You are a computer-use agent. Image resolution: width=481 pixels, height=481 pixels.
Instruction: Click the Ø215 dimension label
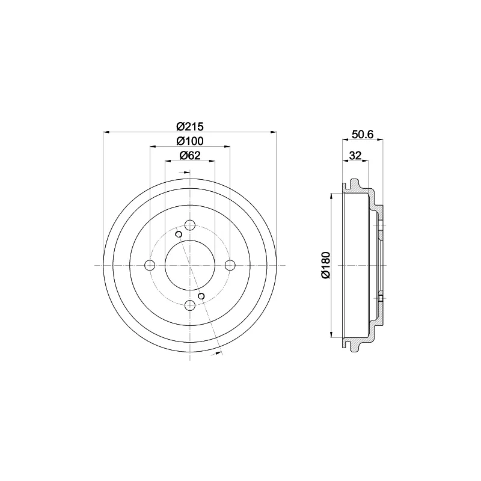[x=190, y=126]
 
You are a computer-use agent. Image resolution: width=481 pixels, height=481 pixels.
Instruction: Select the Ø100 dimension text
[x=190, y=141]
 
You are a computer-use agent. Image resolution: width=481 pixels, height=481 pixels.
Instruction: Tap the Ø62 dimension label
[x=190, y=156]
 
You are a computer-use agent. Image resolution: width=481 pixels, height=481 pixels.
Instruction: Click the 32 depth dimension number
[x=355, y=156]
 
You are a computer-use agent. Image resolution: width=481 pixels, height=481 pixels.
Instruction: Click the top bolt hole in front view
[x=190, y=225]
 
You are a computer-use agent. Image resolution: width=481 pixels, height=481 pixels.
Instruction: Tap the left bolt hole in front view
[x=150, y=265]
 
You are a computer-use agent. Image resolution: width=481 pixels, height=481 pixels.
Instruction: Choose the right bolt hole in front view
[x=230, y=265]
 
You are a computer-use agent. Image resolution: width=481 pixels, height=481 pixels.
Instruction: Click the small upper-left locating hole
[x=179, y=234]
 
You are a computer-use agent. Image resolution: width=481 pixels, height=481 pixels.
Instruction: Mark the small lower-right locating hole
[x=201, y=295]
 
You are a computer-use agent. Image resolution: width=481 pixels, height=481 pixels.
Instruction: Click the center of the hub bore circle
[x=190, y=265]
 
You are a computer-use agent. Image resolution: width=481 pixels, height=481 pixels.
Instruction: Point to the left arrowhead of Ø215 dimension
[x=106, y=131]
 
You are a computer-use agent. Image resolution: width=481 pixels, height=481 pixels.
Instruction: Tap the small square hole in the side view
[x=381, y=298]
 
